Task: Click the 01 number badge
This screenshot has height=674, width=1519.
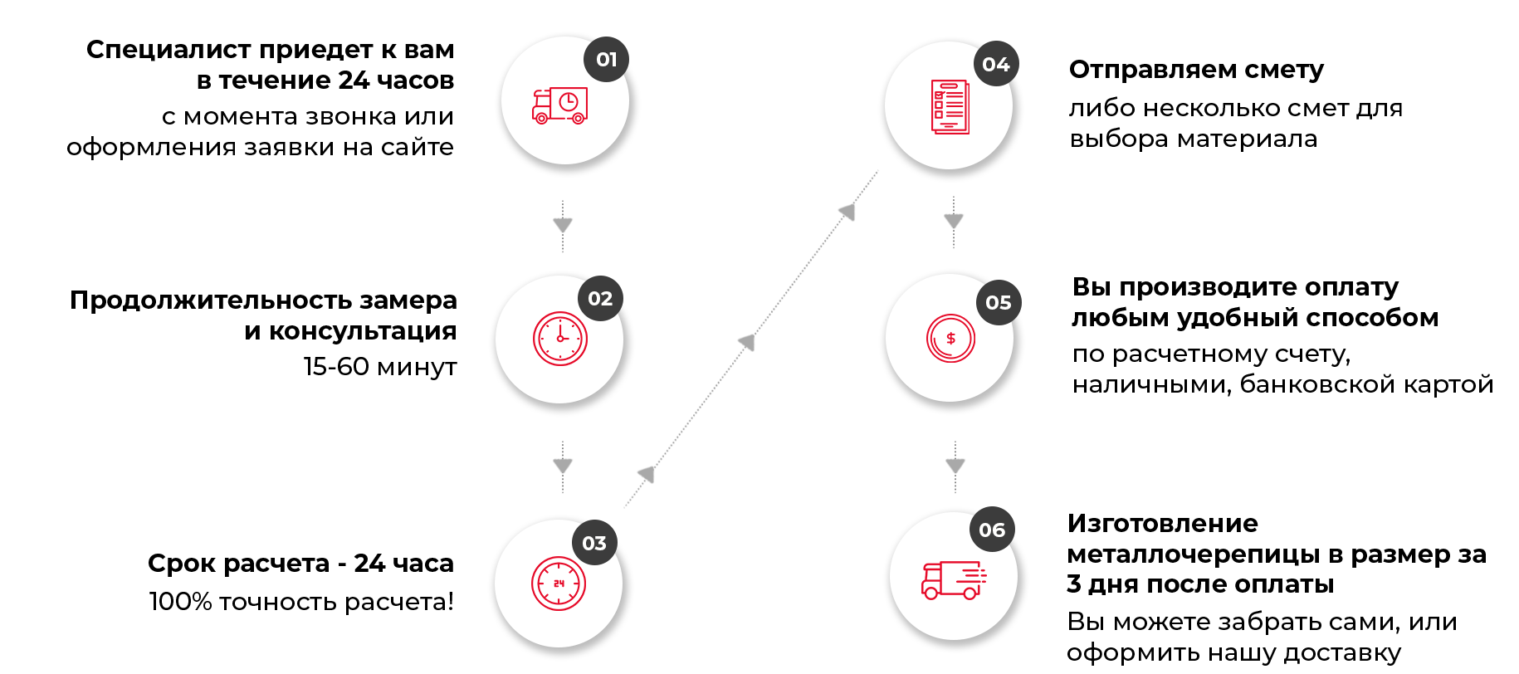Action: tap(607, 59)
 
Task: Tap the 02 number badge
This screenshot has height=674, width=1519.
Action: tap(600, 298)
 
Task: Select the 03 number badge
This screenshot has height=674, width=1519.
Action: tap(594, 543)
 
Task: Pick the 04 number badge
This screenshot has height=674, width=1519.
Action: tap(996, 64)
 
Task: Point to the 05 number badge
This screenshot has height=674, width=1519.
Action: tap(999, 303)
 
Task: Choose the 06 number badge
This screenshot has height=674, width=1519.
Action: tap(992, 530)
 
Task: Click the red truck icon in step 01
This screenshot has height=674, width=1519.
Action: tap(559, 105)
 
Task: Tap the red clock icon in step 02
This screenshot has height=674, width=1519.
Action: tap(560, 339)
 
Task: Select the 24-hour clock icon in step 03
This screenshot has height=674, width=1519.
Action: tap(559, 584)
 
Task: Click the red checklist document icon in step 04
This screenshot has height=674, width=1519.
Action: tap(950, 106)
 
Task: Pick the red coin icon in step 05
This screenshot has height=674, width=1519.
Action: tap(950, 339)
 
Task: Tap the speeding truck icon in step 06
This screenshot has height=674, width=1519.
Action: tap(953, 579)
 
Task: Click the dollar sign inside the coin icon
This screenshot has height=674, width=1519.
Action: tap(951, 339)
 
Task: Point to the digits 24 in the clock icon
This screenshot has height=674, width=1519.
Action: tap(559, 584)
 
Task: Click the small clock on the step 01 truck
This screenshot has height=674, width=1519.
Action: tap(569, 102)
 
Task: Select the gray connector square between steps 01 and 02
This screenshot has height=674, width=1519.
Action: tap(563, 225)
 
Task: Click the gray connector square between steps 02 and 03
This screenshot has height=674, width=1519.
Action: tap(563, 466)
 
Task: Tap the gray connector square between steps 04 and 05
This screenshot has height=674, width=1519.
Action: tap(954, 221)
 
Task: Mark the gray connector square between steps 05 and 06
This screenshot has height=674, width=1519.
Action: tap(955, 466)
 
